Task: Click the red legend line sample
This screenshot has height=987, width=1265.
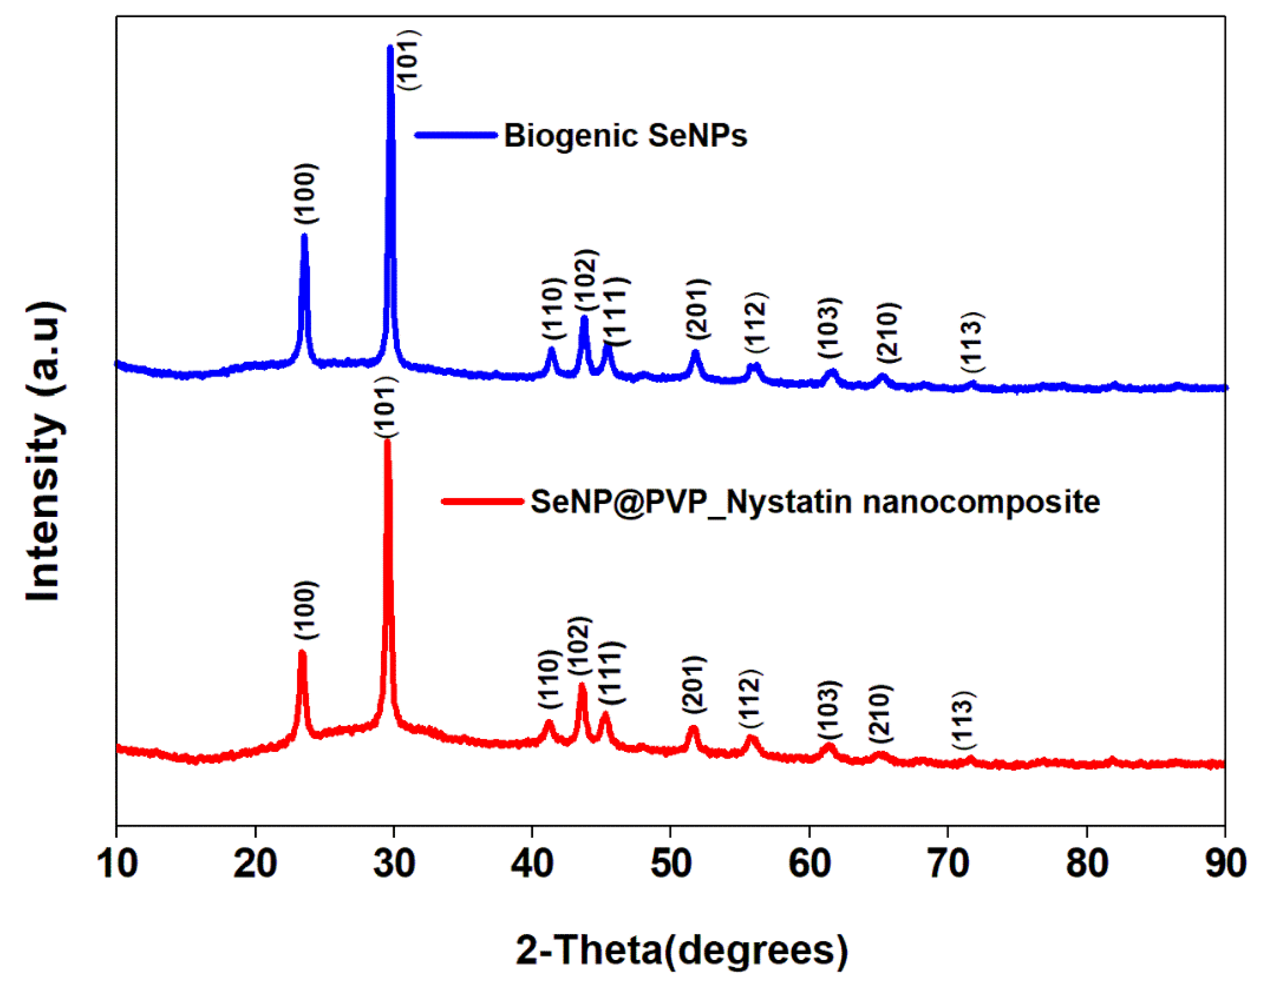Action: (482, 501)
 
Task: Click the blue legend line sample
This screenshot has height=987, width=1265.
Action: (456, 135)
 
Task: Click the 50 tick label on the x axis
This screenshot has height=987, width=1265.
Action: (670, 864)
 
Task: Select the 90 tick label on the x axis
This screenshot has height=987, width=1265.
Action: (1225, 864)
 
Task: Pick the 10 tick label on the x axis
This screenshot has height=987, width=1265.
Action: (117, 864)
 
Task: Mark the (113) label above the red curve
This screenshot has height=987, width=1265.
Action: (964, 720)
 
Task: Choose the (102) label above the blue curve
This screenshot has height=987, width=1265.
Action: (585, 280)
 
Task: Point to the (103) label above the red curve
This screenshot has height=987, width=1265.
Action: (829, 710)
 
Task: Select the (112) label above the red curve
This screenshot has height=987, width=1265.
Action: (751, 699)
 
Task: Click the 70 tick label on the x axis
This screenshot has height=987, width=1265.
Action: (948, 864)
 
